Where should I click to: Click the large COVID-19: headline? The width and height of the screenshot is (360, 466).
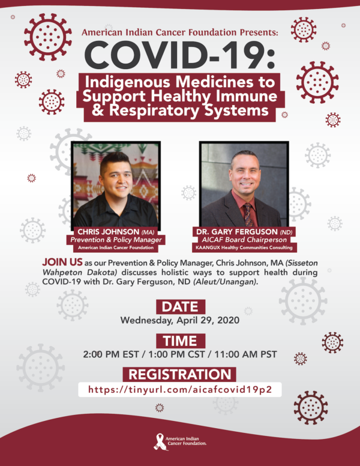(x=180, y=56)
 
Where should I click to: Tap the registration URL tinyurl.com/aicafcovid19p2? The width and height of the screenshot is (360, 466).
(x=180, y=389)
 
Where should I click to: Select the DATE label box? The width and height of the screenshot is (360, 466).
(x=180, y=307)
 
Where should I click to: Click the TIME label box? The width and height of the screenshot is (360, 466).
(x=180, y=341)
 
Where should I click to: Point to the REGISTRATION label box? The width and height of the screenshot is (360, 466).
(x=180, y=375)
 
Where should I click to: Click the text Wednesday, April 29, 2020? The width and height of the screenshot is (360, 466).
(x=180, y=320)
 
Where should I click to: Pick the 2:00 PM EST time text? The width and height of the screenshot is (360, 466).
(x=111, y=354)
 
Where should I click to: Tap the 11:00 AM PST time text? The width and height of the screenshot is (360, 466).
(x=245, y=354)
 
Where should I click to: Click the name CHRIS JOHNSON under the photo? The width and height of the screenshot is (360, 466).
(x=108, y=232)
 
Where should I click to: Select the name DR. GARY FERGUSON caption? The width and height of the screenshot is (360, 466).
(x=237, y=232)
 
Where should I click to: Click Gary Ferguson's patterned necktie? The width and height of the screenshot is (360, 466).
(x=248, y=214)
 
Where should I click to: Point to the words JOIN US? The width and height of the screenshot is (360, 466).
(x=62, y=262)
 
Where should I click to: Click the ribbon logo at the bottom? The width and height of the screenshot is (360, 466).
(x=160, y=441)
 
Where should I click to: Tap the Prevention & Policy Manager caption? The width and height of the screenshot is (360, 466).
(x=116, y=240)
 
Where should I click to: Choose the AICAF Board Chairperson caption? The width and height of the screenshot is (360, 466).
(x=244, y=240)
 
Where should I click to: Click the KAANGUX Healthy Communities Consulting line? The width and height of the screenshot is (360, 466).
(x=244, y=247)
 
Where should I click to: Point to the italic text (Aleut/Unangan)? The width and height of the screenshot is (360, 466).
(x=225, y=282)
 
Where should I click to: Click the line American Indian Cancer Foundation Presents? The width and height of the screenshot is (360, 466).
(x=180, y=32)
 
